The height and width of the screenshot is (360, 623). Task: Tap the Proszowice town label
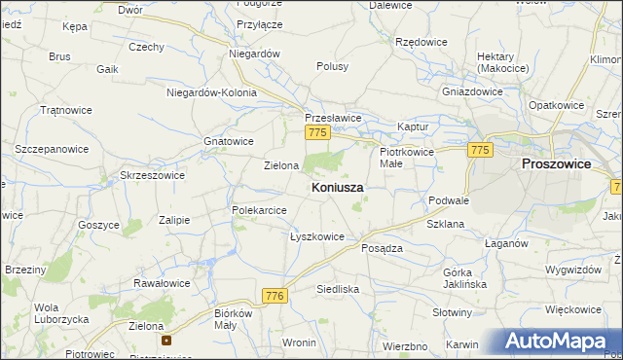pyautogui.click(x=556, y=164)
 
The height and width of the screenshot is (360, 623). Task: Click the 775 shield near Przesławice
pyautogui.click(x=315, y=131)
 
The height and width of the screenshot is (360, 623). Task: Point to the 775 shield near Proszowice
pyautogui.click(x=479, y=150)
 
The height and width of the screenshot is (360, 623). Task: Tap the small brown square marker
pyautogui.click(x=166, y=341)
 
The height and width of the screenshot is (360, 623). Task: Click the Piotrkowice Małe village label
pyautogui.click(x=404, y=158)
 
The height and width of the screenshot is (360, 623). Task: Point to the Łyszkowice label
pyautogui.click(x=317, y=236)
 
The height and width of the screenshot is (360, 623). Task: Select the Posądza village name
pyautogui.click(x=382, y=248)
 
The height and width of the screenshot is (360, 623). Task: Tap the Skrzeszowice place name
pyautogui.click(x=152, y=175)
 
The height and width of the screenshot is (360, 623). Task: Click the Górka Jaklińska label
pyautogui.click(x=464, y=278)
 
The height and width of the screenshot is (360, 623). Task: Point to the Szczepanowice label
pyautogui.click(x=51, y=149)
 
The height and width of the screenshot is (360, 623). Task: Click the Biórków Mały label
pyautogui.click(x=233, y=319)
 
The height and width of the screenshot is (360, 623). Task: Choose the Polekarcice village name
pyautogui.click(x=259, y=209)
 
